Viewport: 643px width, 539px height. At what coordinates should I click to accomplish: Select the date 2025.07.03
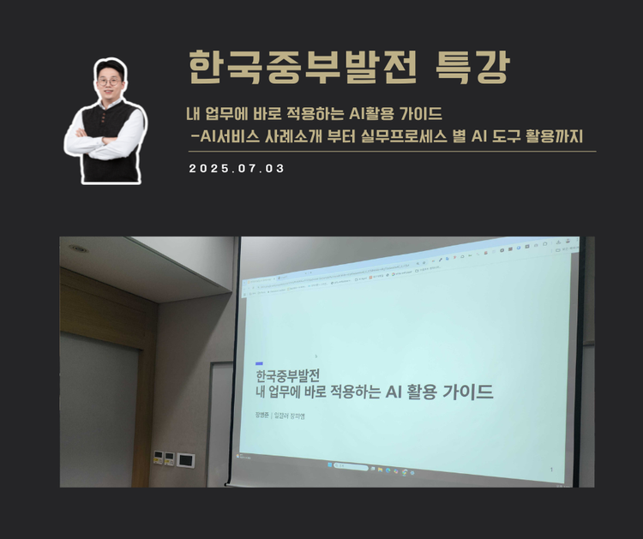[x=237, y=169]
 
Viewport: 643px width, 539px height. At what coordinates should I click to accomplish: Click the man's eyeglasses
[x=109, y=81]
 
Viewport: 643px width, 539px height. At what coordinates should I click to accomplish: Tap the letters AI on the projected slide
[x=395, y=392]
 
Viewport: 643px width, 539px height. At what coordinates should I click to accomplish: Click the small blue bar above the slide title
[x=259, y=363]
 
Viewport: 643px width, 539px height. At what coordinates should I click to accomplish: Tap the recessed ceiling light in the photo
[x=79, y=248]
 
